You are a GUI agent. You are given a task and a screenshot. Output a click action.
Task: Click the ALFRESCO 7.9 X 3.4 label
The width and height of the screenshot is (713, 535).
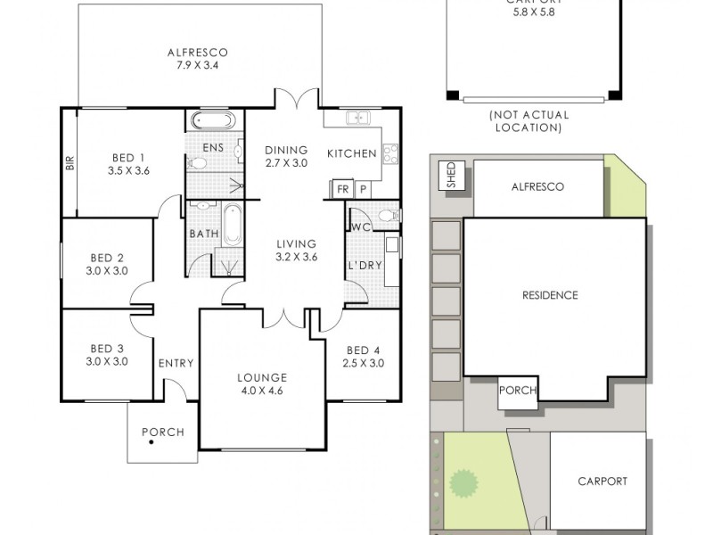pos(198,58)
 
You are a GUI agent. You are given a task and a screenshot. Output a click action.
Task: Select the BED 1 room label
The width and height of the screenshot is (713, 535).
pos(128,162)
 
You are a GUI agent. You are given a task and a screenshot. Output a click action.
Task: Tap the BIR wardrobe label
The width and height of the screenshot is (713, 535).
pos(69,162)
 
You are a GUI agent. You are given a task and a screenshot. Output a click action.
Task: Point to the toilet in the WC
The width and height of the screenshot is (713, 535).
pos(385,215)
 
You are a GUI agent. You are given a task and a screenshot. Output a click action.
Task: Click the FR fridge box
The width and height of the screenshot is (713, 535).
pos(342,189)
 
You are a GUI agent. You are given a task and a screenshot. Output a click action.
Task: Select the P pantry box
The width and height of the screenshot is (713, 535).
pos(363,189)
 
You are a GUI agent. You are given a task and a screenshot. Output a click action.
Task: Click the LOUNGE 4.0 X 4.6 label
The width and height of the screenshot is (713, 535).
pos(261,383)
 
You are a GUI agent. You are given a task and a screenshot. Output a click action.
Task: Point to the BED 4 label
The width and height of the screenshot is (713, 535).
pos(364,355)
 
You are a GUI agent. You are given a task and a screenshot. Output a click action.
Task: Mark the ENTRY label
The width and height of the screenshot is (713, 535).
pos(176,363)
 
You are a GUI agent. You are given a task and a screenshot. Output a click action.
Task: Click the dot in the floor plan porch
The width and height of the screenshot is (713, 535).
pos(151,443)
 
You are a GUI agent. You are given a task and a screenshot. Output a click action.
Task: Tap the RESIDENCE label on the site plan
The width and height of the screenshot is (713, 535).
pos(550,295)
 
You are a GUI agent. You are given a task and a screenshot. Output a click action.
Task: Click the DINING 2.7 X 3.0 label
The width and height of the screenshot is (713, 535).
pos(286,156)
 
